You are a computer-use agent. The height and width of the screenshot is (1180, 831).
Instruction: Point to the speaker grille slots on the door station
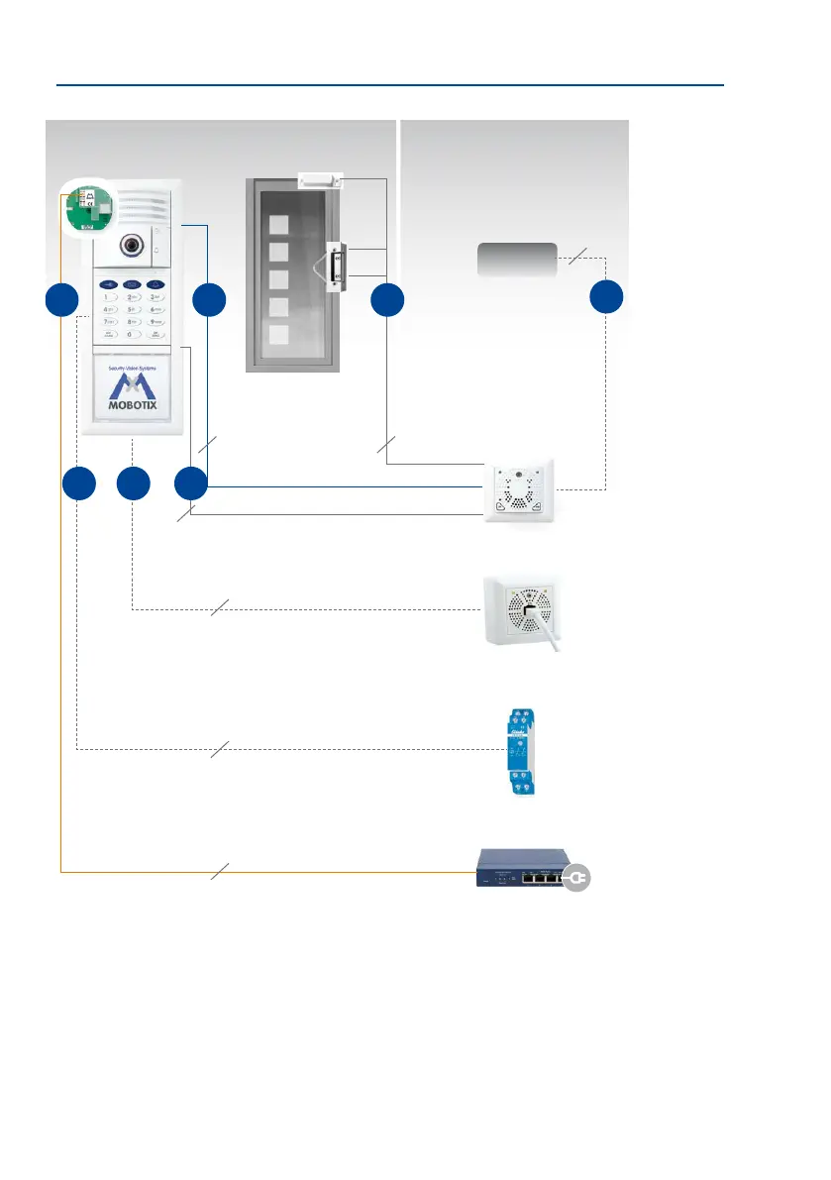pos(147,203)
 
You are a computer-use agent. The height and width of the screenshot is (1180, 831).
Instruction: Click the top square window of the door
pos(279,224)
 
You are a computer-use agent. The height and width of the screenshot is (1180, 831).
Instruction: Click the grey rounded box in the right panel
pos(517,260)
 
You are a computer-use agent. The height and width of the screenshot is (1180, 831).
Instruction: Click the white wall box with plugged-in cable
pos(522,611)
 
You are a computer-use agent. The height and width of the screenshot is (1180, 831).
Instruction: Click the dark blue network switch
pos(522,871)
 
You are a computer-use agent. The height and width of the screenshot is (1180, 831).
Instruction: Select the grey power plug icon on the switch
pos(576,877)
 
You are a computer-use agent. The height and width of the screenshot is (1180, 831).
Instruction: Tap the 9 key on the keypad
pos(156,322)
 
